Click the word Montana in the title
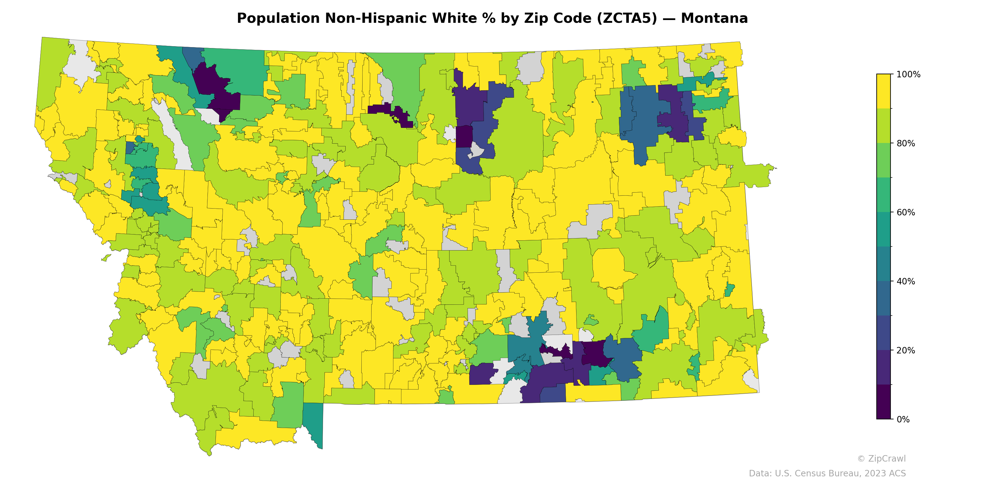pyautogui.click(x=714, y=18)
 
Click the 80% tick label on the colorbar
pyautogui.click(x=906, y=144)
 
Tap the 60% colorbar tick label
pyautogui.click(x=906, y=212)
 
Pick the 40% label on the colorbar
pyautogui.click(x=906, y=281)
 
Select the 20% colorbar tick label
pyautogui.click(x=906, y=350)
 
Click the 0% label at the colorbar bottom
pyautogui.click(x=903, y=419)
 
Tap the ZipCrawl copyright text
pyautogui.click(x=881, y=458)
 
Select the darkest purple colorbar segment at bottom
pyautogui.click(x=883, y=402)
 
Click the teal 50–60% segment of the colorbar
pyautogui.click(x=883, y=229)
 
